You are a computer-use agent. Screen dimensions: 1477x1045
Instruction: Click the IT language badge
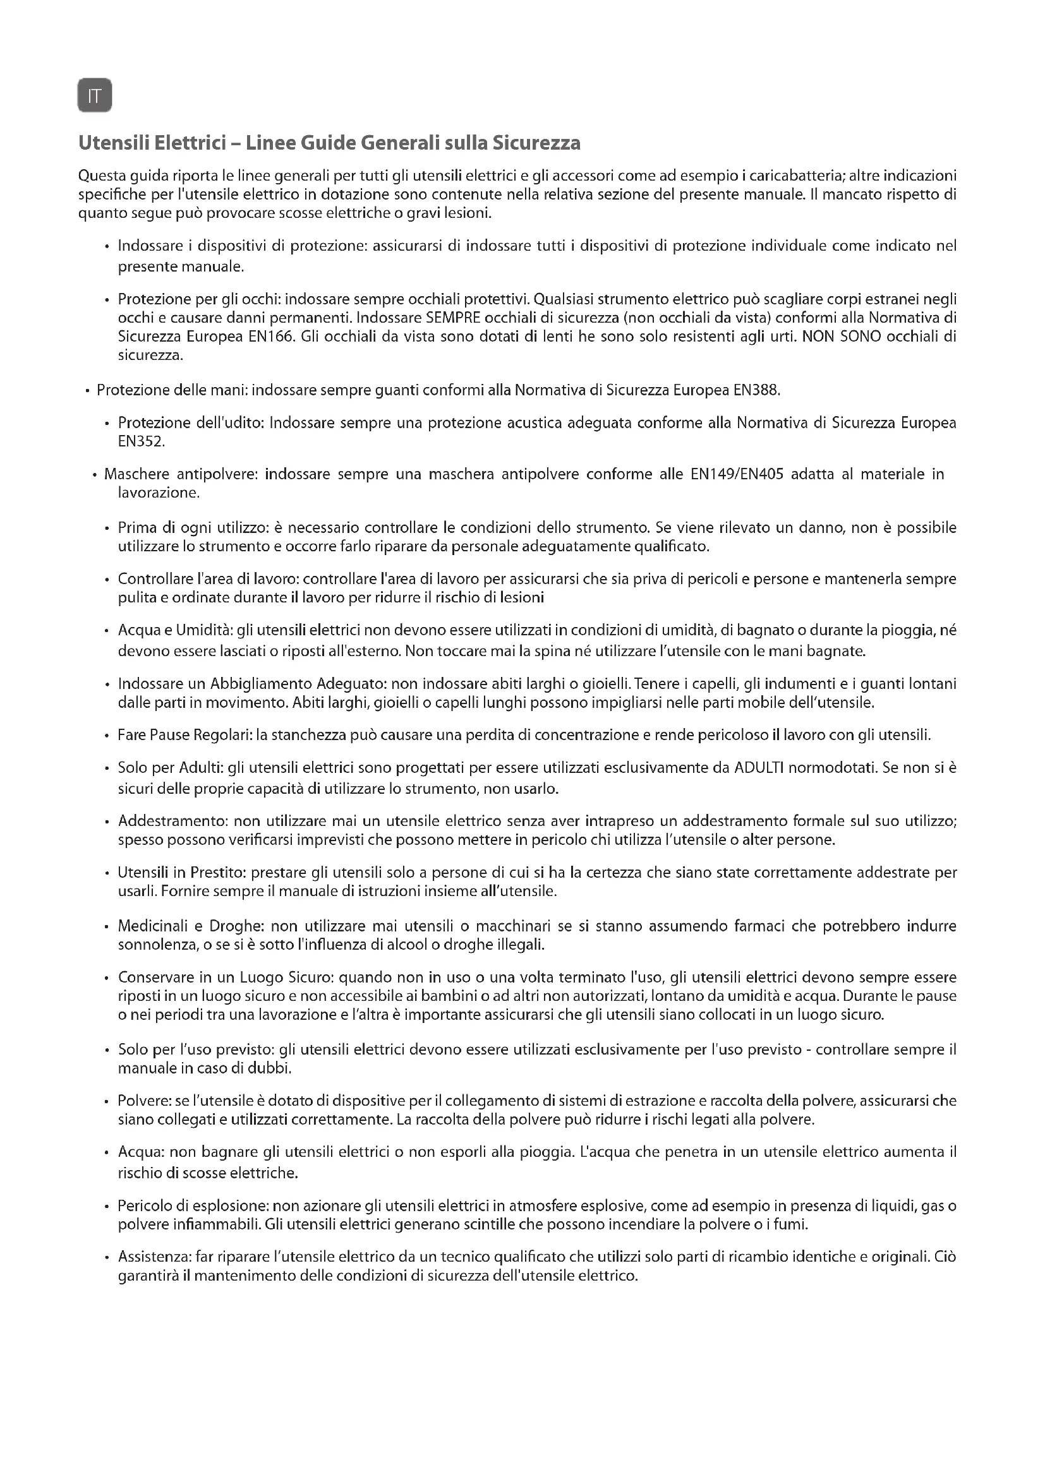[95, 96]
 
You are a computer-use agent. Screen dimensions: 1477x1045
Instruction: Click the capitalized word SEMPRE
[449, 318]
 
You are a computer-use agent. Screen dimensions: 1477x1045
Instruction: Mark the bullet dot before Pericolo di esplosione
[107, 1207]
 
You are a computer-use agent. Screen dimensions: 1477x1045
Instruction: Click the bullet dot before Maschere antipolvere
[95, 476]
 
